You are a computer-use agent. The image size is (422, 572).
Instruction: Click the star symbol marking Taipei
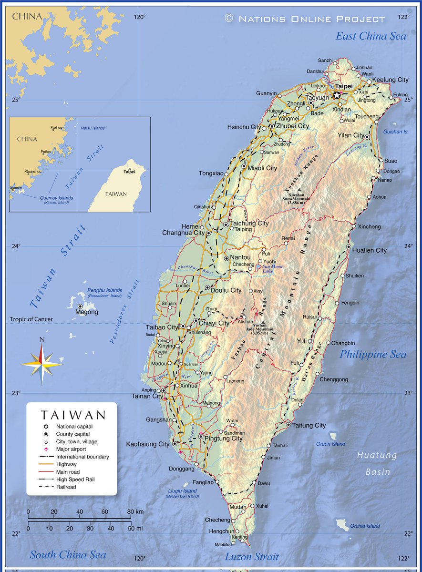[x=337, y=95]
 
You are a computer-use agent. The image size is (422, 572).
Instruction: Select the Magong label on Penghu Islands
[x=87, y=312]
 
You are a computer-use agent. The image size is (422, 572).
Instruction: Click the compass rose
[x=41, y=364]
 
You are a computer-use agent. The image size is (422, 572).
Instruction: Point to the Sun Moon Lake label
[x=273, y=269]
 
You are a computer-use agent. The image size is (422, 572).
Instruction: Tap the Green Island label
[x=330, y=444]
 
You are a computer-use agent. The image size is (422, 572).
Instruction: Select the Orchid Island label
[x=365, y=526]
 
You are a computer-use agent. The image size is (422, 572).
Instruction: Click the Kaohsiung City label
[x=148, y=444]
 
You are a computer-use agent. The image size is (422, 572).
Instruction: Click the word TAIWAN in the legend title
[x=72, y=415]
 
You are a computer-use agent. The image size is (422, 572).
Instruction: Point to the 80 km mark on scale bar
[x=130, y=511]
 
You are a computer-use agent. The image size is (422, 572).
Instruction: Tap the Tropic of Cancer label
[x=31, y=319]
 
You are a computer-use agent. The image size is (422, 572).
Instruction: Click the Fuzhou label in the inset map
[x=56, y=128]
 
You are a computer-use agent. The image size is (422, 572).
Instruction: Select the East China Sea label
[x=371, y=36]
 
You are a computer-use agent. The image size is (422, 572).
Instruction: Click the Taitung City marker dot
[x=288, y=424]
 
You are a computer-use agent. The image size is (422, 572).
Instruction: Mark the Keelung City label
[x=390, y=80]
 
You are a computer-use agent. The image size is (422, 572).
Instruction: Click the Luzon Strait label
[x=252, y=556]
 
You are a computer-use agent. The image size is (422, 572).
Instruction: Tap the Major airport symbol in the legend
[x=46, y=449]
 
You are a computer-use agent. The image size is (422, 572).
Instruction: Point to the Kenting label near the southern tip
[x=239, y=537]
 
